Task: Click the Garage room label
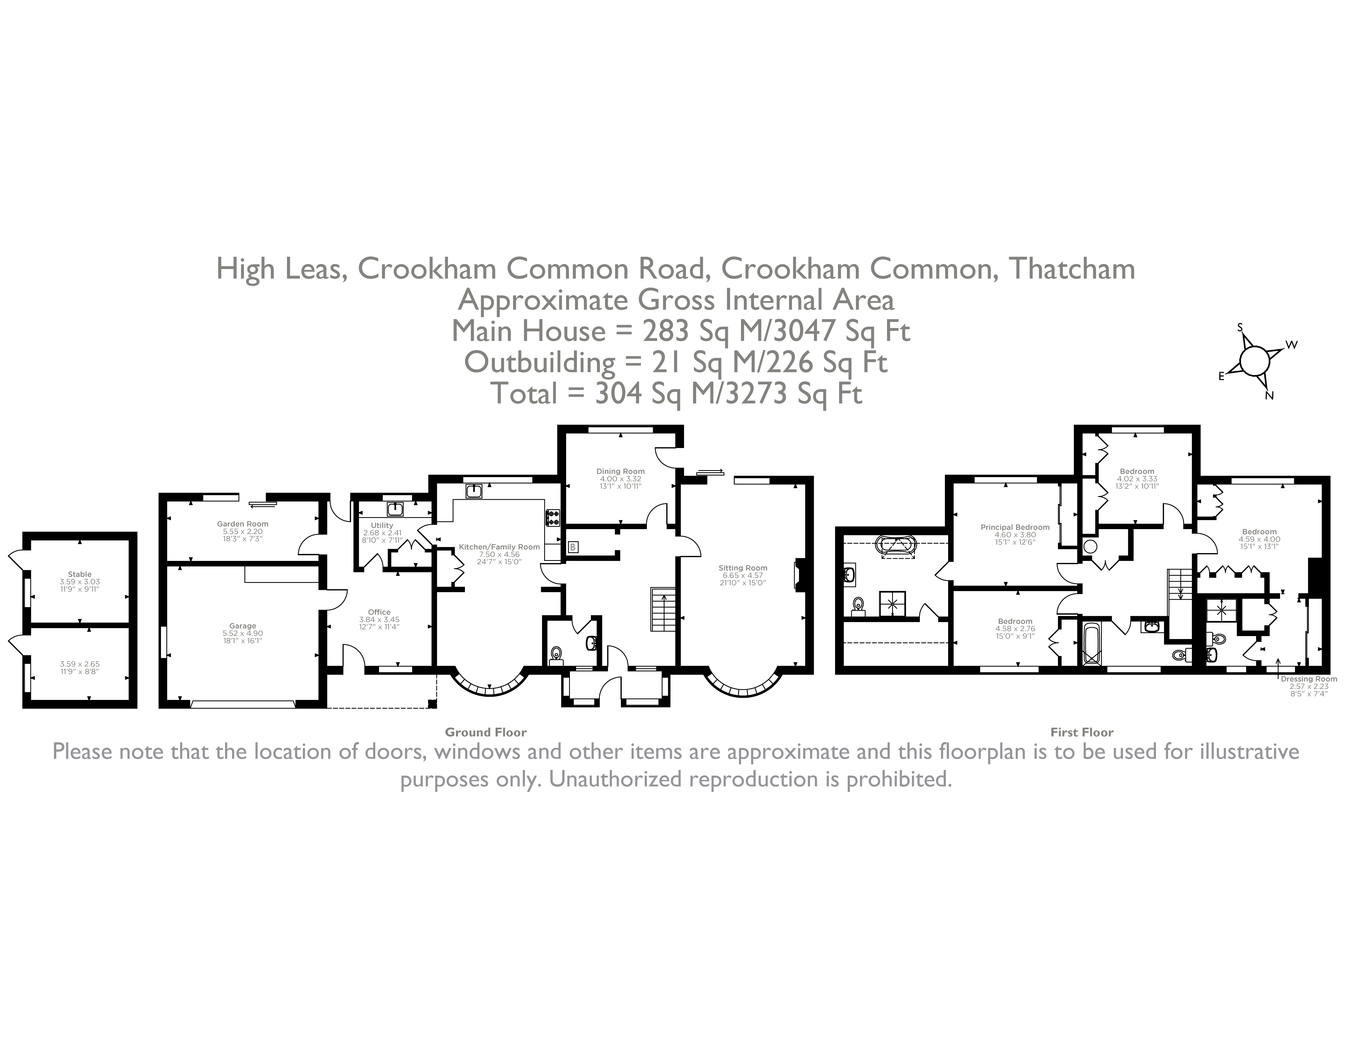242,626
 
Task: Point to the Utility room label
382,525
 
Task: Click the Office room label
379,612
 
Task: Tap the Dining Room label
621,471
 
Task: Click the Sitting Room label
743,568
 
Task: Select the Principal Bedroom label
1015,527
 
